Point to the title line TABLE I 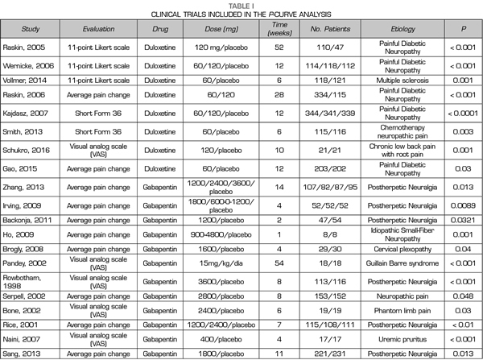coord(241,5)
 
